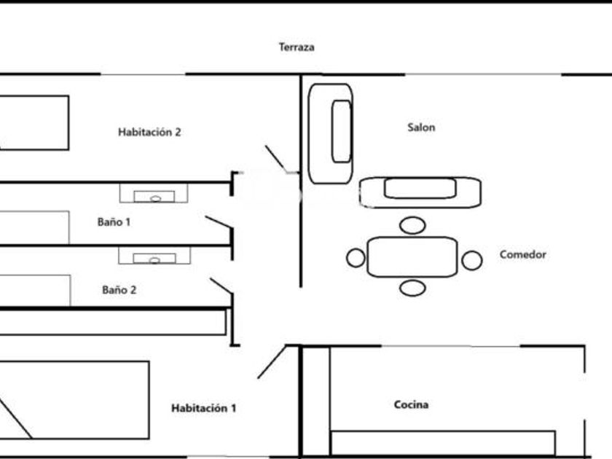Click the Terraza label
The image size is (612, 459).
297,47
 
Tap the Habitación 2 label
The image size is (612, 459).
149,133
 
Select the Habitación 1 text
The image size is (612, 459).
203,409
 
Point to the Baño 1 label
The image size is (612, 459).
114,222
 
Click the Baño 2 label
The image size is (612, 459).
119,290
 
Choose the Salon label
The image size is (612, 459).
421,127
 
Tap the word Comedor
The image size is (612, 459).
522,255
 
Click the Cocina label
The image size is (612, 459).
411,405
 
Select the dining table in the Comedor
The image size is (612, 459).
412,256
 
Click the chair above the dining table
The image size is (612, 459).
412,225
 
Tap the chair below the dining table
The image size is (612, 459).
412,289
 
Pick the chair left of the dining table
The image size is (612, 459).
356,258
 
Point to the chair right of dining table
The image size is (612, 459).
472,259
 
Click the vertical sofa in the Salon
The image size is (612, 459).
331,133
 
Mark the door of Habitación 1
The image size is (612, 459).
271,363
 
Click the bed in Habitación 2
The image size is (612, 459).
33,122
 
